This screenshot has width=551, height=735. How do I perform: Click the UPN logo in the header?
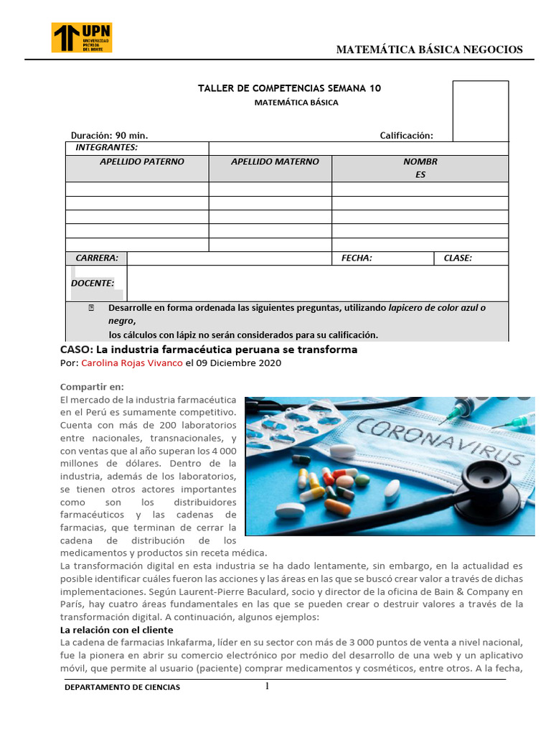pyautogui.click(x=82, y=37)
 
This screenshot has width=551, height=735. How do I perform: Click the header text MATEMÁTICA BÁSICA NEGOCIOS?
pyautogui.click(x=430, y=50)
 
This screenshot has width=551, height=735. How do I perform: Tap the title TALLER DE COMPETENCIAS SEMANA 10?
pyautogui.click(x=289, y=88)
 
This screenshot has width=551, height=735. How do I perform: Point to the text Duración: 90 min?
pyautogui.click(x=109, y=136)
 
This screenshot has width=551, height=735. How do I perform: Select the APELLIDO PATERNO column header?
pyautogui.click(x=141, y=161)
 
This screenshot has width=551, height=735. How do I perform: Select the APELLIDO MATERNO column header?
pyautogui.click(x=275, y=161)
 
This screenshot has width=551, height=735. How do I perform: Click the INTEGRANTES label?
pyautogui.click(x=106, y=147)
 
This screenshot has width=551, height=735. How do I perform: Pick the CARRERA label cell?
pyautogui.click(x=97, y=258)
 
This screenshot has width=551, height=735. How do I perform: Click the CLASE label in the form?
pyautogui.click(x=458, y=258)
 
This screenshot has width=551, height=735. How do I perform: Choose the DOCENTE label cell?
pyautogui.click(x=93, y=283)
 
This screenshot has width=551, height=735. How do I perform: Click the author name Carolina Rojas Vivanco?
pyautogui.click(x=132, y=363)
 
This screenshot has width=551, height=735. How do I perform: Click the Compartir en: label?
pyautogui.click(x=91, y=386)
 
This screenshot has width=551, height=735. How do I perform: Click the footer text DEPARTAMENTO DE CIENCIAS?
pyautogui.click(x=123, y=688)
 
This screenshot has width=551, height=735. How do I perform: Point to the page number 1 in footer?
pyautogui.click(x=267, y=686)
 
